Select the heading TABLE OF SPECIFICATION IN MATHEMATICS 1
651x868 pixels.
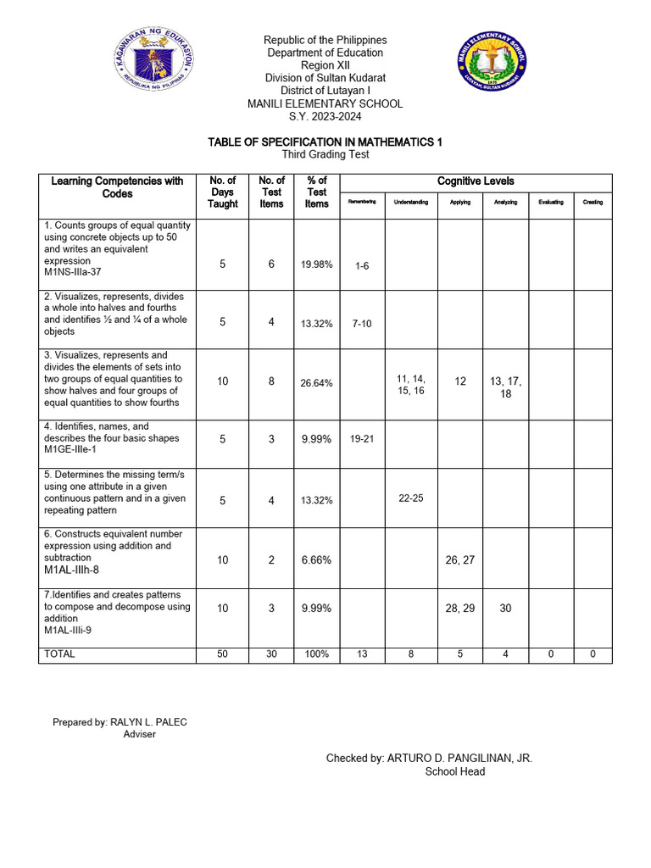click(325, 142)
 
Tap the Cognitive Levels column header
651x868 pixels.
click(476, 181)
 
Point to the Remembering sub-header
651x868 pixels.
click(362, 202)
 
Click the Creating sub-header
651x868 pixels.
click(593, 202)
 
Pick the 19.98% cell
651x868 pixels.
click(316, 265)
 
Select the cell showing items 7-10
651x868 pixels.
click(362, 324)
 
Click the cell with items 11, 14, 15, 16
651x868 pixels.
click(411, 385)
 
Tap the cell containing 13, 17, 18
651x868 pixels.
click(505, 387)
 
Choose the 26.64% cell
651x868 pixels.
click(316, 382)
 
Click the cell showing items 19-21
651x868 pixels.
click(362, 439)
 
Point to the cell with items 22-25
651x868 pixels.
click(411, 498)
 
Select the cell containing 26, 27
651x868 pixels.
click(460, 559)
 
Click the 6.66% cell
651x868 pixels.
click(316, 560)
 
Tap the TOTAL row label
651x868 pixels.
click(59, 654)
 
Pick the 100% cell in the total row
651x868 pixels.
click(316, 654)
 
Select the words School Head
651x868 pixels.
click(454, 772)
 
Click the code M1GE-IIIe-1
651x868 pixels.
click(73, 450)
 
